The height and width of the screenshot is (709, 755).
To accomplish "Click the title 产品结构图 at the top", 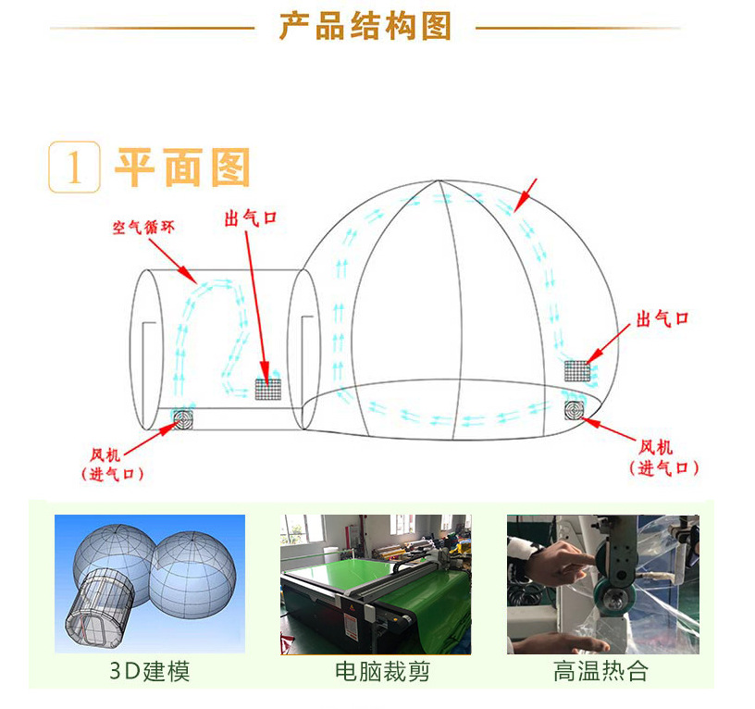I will [x=365, y=27].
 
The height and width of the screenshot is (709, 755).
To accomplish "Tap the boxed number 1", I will [x=74, y=168].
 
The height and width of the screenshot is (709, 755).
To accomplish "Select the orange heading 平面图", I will [x=183, y=167].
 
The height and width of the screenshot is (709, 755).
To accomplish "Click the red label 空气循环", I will [x=143, y=227].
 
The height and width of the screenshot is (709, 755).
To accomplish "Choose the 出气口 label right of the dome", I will [x=662, y=319].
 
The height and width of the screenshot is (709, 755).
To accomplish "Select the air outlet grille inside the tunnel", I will [x=268, y=388].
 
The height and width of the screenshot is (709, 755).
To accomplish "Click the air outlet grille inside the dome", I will [x=577, y=371].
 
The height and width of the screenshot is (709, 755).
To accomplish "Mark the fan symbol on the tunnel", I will [x=181, y=420].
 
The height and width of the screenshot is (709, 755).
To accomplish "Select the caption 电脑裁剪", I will [x=376, y=671].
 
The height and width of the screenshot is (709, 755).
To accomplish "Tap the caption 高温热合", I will [x=602, y=671].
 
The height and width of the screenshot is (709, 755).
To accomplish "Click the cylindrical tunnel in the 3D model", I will [x=99, y=606].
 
